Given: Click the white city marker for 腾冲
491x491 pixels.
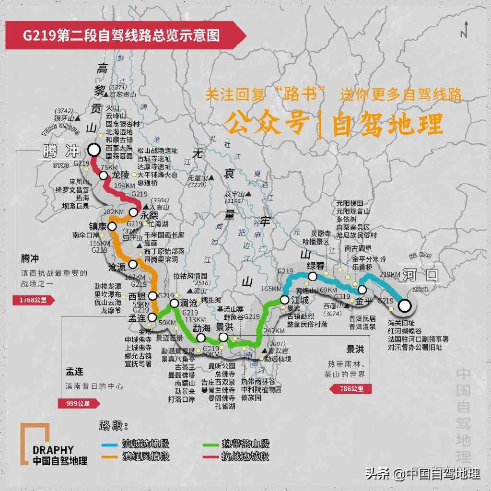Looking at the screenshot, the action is (x=94, y=150).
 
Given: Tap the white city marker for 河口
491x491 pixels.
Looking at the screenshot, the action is (x=405, y=305).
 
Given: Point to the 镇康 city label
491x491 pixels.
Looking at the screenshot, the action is (x=97, y=225).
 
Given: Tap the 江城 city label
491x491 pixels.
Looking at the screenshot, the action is (x=301, y=299).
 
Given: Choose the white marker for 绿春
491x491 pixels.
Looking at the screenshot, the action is (x=313, y=276).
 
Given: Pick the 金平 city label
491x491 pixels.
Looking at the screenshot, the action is (x=364, y=301).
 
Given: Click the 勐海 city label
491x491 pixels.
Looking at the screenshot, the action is (x=201, y=328).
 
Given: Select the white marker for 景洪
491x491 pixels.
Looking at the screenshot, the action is (x=223, y=338).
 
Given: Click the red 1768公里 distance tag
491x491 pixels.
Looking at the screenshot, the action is (x=34, y=301).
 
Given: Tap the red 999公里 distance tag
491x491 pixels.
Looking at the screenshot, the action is (x=78, y=403).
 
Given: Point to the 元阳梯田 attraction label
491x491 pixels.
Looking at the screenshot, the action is (x=350, y=203).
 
